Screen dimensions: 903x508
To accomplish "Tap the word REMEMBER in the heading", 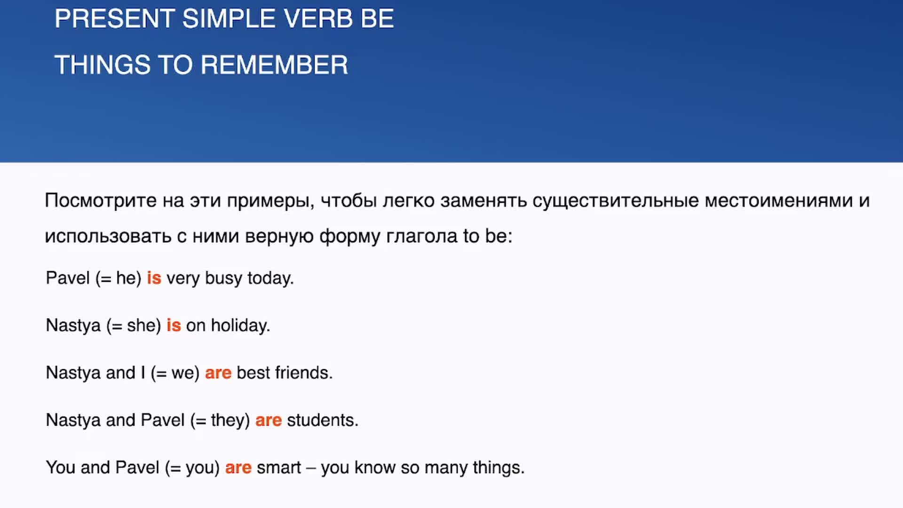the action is tap(274, 65).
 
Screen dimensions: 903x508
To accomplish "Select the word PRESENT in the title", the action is tap(115, 19).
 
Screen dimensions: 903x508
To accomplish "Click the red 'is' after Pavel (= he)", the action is tap(154, 278).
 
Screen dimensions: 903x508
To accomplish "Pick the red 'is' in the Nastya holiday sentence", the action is tap(174, 325).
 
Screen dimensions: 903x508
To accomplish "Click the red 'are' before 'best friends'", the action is tap(218, 373).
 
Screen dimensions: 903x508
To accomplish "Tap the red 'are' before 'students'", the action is tap(269, 421).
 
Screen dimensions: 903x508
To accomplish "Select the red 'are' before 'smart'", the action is tap(238, 468).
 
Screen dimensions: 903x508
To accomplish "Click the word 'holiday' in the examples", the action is tap(240, 325).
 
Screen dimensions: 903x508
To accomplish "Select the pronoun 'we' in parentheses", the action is tap(182, 373).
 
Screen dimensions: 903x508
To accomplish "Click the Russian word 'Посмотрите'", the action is tap(101, 201).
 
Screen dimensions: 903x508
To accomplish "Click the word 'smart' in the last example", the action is tap(279, 468).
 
